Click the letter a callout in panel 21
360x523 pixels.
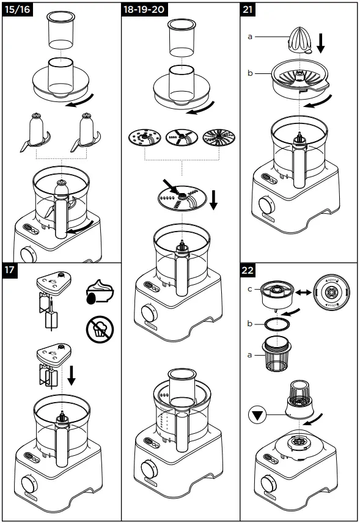pyautogui.click(x=250, y=37)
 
